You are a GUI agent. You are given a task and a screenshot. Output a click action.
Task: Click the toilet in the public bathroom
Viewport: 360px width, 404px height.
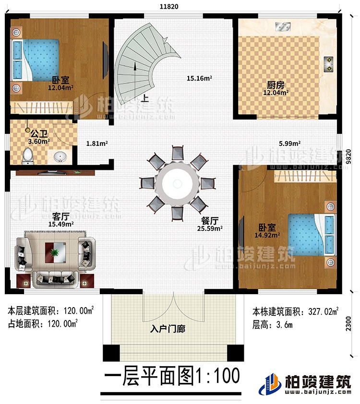pos(28,154)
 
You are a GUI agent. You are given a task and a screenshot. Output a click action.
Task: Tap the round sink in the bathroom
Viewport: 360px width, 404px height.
pos(60,156)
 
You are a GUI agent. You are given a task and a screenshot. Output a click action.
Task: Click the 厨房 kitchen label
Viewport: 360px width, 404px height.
pos(275,85)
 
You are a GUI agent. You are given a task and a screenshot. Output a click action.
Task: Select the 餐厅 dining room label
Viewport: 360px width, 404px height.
pos(210,221)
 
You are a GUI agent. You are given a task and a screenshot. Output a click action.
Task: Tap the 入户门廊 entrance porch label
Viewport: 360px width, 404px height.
pos(168,330)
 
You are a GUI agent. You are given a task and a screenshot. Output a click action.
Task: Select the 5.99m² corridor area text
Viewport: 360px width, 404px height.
pos(290,143)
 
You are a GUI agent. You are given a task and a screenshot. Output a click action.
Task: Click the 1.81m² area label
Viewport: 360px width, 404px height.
pos(97,143)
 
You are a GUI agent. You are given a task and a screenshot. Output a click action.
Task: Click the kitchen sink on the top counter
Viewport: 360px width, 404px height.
pos(282,26)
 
